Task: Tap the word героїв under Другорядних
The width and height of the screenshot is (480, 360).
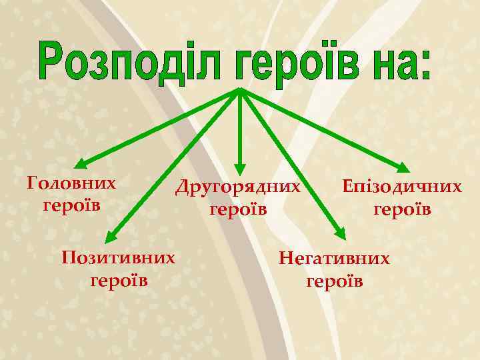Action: [238, 209]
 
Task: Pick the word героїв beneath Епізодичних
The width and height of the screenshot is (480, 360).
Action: [402, 209]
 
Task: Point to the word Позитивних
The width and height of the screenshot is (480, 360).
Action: [119, 257]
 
